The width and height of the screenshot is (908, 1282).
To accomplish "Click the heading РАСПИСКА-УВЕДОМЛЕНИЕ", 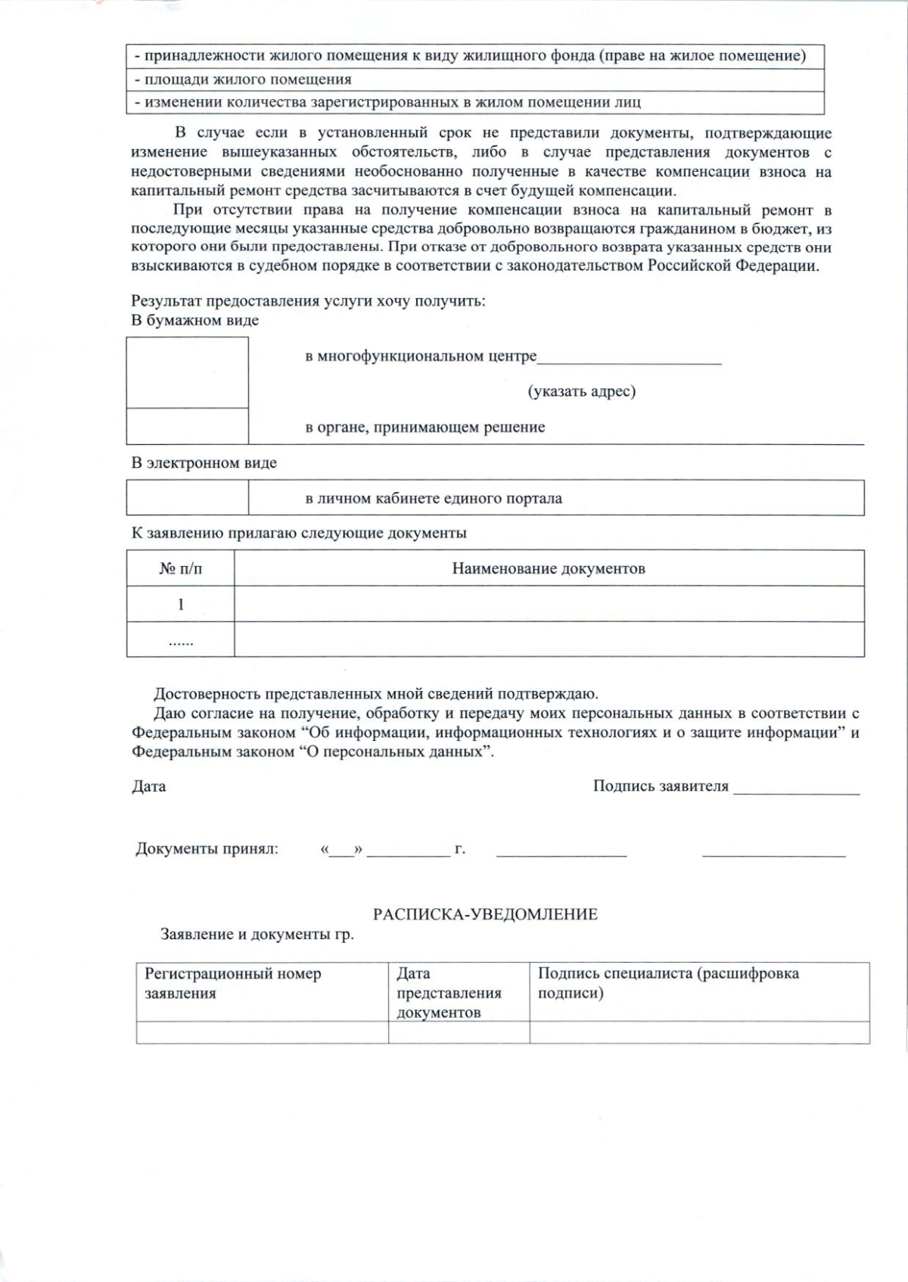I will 485,914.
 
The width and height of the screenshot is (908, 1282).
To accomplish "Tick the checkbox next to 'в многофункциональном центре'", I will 187,372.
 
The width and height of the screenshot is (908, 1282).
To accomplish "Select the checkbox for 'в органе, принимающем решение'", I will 187,426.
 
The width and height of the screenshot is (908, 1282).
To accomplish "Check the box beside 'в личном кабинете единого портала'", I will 187,498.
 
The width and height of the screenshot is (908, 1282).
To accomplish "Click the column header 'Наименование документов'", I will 549,568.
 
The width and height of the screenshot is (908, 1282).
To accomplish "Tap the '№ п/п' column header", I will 180,568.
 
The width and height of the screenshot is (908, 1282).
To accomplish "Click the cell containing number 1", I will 180,604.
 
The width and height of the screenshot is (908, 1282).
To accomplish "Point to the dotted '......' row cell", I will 180,640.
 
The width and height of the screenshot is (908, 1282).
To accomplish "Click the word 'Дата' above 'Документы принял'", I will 149,786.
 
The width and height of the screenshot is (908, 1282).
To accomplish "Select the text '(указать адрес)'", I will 581,391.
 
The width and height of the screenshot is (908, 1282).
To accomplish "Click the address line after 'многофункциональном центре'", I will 629,361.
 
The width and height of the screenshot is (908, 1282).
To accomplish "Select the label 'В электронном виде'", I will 204,463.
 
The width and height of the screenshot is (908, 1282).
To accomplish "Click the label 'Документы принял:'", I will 207,848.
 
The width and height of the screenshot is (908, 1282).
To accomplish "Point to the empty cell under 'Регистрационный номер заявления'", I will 262,1032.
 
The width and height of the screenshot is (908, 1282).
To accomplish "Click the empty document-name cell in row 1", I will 549,604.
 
